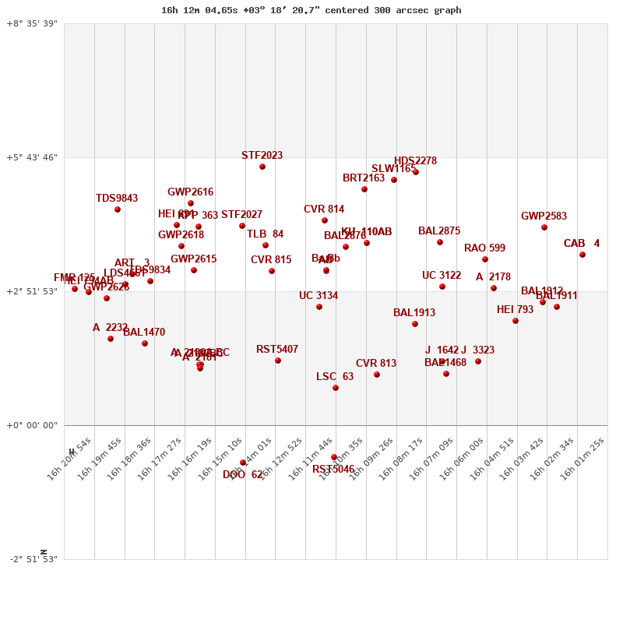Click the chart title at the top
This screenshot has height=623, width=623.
311,10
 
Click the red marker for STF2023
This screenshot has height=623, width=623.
262,167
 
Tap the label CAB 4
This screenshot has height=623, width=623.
582,244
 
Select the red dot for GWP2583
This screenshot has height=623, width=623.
544,227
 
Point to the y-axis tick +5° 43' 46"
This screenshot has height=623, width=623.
32,157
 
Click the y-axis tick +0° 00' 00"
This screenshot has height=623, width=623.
32,425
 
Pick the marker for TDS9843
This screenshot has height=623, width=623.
118,209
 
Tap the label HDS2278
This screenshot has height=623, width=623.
415,161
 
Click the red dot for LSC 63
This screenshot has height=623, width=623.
336,388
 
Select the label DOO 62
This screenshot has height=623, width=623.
243,474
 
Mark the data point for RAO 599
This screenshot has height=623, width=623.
485,259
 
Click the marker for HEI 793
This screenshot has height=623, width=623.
516,321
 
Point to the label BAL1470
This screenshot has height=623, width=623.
144,333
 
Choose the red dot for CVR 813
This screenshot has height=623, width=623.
377,375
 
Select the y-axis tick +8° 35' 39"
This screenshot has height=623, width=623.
32,23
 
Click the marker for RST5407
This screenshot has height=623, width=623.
278,361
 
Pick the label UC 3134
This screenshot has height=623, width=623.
319,296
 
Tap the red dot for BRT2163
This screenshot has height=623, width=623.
364,189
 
